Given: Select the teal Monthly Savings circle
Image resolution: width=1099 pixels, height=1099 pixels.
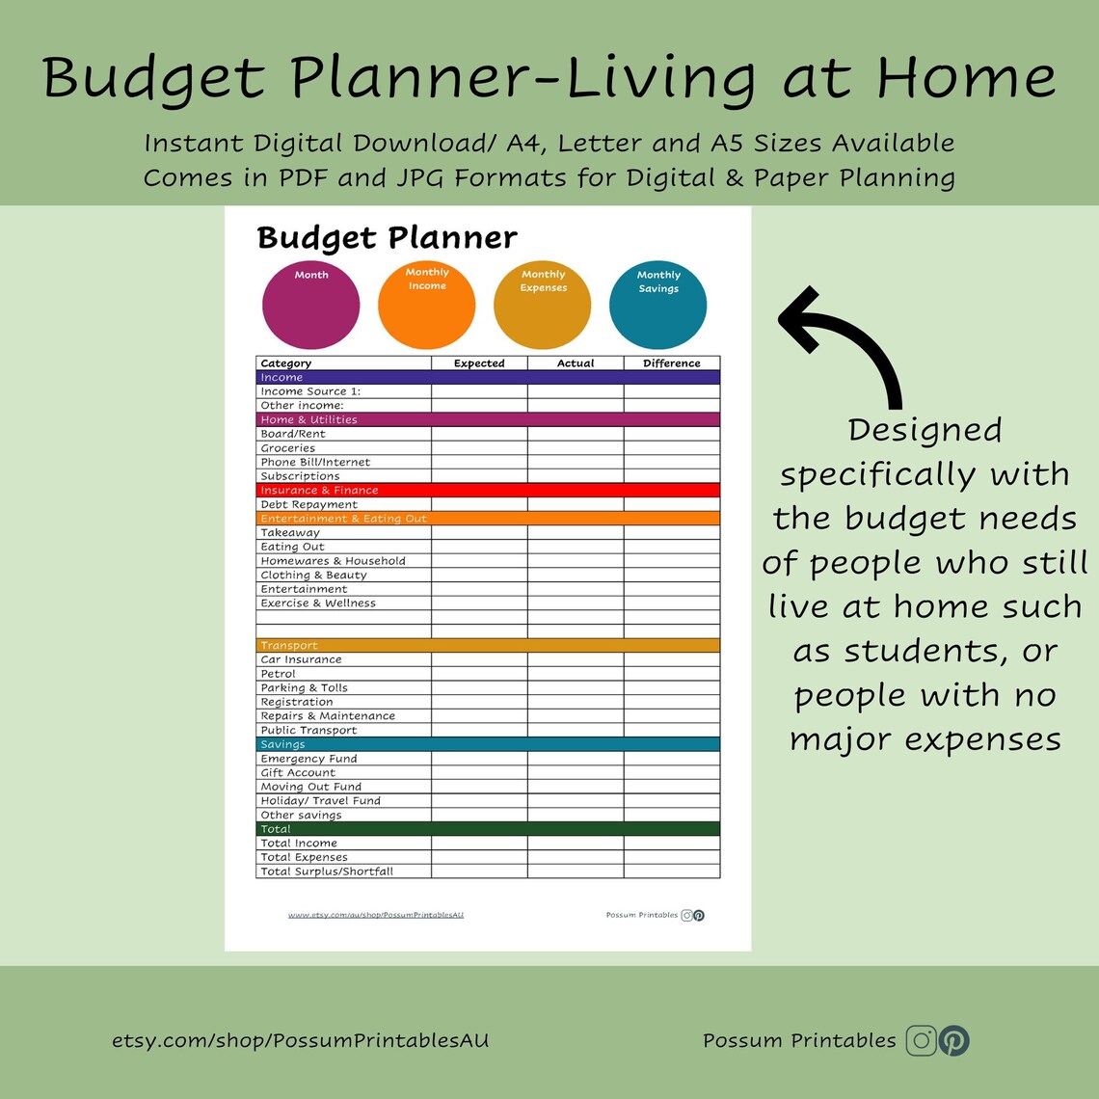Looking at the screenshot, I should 657,305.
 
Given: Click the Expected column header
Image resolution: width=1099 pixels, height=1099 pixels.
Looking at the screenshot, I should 479,363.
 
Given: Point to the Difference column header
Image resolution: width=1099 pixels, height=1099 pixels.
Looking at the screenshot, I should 671,363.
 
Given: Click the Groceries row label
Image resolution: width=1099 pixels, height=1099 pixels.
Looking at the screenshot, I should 287,448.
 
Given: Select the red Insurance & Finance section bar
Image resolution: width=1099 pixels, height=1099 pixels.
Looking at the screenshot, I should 488,491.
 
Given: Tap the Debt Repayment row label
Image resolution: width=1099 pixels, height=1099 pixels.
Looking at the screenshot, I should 308,504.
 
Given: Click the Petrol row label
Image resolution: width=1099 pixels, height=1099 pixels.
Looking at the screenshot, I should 278,674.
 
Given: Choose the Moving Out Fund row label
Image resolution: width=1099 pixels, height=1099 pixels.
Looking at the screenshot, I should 310,787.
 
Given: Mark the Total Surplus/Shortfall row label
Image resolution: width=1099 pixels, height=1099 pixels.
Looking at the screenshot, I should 327,871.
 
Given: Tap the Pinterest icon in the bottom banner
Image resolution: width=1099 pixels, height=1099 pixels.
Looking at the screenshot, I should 954,1040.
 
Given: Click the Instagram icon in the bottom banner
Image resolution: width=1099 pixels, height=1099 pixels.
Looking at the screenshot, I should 922,1040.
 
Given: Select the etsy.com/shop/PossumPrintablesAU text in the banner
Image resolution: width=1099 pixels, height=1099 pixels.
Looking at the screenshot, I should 301,1041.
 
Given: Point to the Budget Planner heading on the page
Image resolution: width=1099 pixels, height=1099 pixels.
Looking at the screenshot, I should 387,238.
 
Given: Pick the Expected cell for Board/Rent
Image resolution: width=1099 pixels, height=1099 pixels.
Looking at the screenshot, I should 479,434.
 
